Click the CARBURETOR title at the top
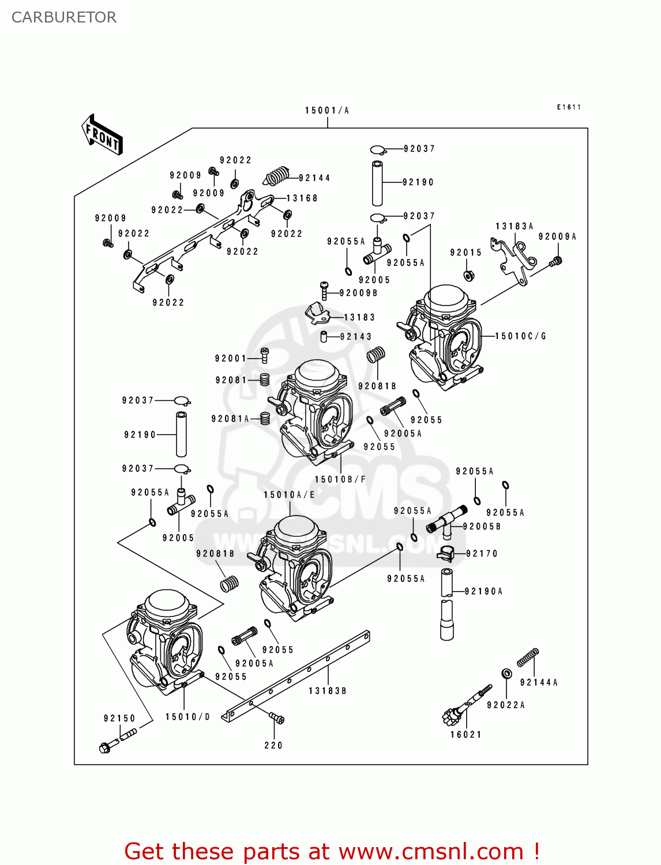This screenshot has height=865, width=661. point(64,17)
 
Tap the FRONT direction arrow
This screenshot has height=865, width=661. point(102,136)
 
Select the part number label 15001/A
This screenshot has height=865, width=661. point(327,110)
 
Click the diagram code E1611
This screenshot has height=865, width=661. point(569,107)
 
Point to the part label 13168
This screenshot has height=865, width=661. point(302,198)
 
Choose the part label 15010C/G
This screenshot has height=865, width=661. point(520,336)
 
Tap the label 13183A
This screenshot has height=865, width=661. point(514,226)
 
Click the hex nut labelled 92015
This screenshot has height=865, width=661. point(469,274)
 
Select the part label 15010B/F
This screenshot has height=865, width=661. point(340,479)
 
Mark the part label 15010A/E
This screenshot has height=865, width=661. point(290,495)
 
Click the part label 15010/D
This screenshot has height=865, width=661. point(187,717)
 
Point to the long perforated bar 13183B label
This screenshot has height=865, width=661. point(327,691)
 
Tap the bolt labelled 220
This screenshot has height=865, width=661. point(277,719)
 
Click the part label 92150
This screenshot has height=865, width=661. point(119,718)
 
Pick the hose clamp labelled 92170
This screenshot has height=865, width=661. point(445,553)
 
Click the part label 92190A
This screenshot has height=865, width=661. point(483,591)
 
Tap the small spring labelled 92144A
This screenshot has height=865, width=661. point(527,657)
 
